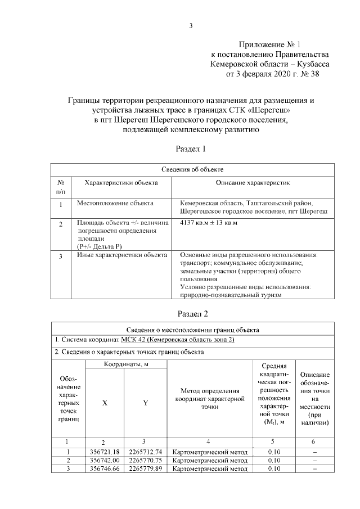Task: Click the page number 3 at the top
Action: (191, 25)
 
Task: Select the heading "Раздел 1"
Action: (191, 149)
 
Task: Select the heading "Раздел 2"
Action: (191, 313)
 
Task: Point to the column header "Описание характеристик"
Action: (253, 183)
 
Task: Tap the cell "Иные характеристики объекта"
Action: (121, 255)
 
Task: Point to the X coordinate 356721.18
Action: (105, 451)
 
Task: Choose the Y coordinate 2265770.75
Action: (146, 460)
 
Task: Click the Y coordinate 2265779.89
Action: (146, 468)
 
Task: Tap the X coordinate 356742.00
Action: (105, 460)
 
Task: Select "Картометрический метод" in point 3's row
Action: (209, 468)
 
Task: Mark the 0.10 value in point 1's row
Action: (274, 451)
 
